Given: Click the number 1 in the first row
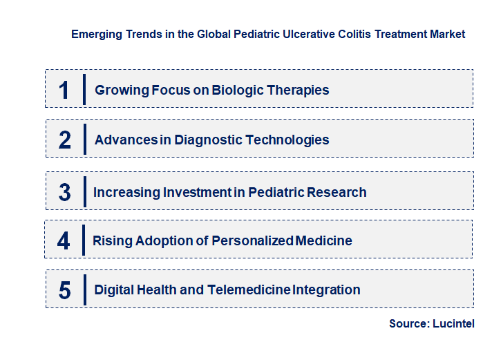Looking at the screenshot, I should [64, 90].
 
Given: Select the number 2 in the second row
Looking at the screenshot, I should [65, 140].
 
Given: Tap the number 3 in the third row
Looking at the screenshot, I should [64, 193].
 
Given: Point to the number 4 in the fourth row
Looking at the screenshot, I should [64, 241].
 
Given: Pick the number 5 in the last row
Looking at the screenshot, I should [64, 290].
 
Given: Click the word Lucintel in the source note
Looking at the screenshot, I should [454, 323].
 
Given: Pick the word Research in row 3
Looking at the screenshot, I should [337, 193].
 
